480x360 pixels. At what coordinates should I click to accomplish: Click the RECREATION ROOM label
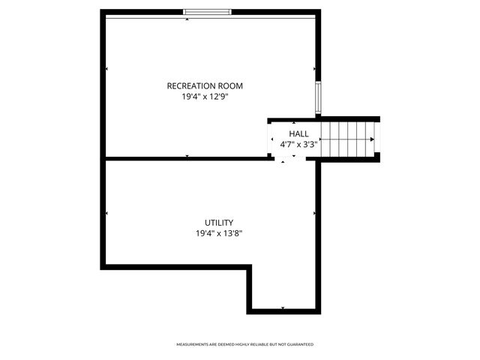[x=205, y=86]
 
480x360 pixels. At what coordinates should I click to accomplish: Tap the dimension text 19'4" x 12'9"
[x=205, y=97]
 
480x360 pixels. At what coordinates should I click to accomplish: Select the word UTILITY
[x=219, y=223]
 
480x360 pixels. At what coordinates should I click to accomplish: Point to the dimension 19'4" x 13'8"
[x=219, y=233]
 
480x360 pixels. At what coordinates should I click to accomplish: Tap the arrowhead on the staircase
[x=372, y=139]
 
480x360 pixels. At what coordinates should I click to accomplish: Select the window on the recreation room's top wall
[x=208, y=12]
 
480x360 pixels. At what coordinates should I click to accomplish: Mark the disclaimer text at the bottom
[x=244, y=344]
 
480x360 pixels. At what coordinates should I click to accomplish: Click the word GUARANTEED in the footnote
[x=301, y=344]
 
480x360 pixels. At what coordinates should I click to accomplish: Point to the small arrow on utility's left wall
[x=106, y=214]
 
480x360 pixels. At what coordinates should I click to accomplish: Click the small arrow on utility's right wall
[x=314, y=214]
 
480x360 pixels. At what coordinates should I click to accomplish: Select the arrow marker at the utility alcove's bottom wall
[x=283, y=307]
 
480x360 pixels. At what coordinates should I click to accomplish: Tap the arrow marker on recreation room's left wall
[x=106, y=70]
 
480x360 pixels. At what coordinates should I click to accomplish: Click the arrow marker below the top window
[x=187, y=19]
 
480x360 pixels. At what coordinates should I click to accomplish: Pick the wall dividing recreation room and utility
[x=187, y=158]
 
